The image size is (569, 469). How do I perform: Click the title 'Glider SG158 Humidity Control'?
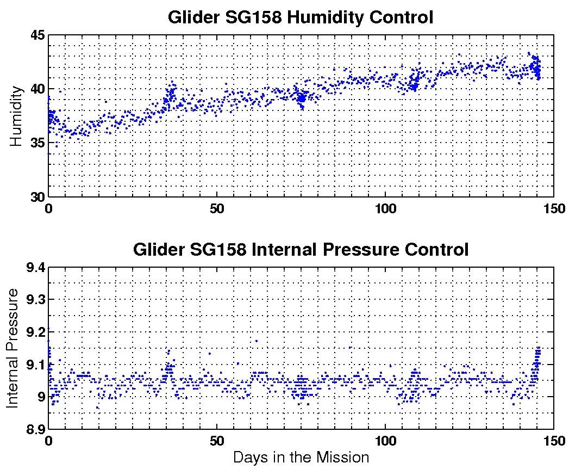point(301,17)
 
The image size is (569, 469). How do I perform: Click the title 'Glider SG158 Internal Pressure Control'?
point(301,250)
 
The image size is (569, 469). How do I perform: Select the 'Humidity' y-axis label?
point(17,116)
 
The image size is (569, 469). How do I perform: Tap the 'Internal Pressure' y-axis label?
point(13,348)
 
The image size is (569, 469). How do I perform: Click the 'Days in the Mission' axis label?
point(301,458)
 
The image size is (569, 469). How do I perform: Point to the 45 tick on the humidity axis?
point(36,35)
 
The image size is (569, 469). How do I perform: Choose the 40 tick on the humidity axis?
point(36,89)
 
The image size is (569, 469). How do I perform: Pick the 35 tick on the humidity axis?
point(36,143)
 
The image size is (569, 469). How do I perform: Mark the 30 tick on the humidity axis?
point(36,197)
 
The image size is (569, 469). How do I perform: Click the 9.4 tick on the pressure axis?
point(34,268)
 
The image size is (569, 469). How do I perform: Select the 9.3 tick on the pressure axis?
point(34,300)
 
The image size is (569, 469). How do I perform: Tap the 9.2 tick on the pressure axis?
point(34,332)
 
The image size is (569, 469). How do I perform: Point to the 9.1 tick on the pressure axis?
point(34,365)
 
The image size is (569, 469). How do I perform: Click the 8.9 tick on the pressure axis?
point(34,429)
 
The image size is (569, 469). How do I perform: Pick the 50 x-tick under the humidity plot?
point(217,208)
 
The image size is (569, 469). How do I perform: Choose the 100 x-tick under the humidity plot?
point(385,208)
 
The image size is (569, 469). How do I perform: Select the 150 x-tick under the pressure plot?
point(553,440)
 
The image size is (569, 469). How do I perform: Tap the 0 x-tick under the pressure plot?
point(49,440)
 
